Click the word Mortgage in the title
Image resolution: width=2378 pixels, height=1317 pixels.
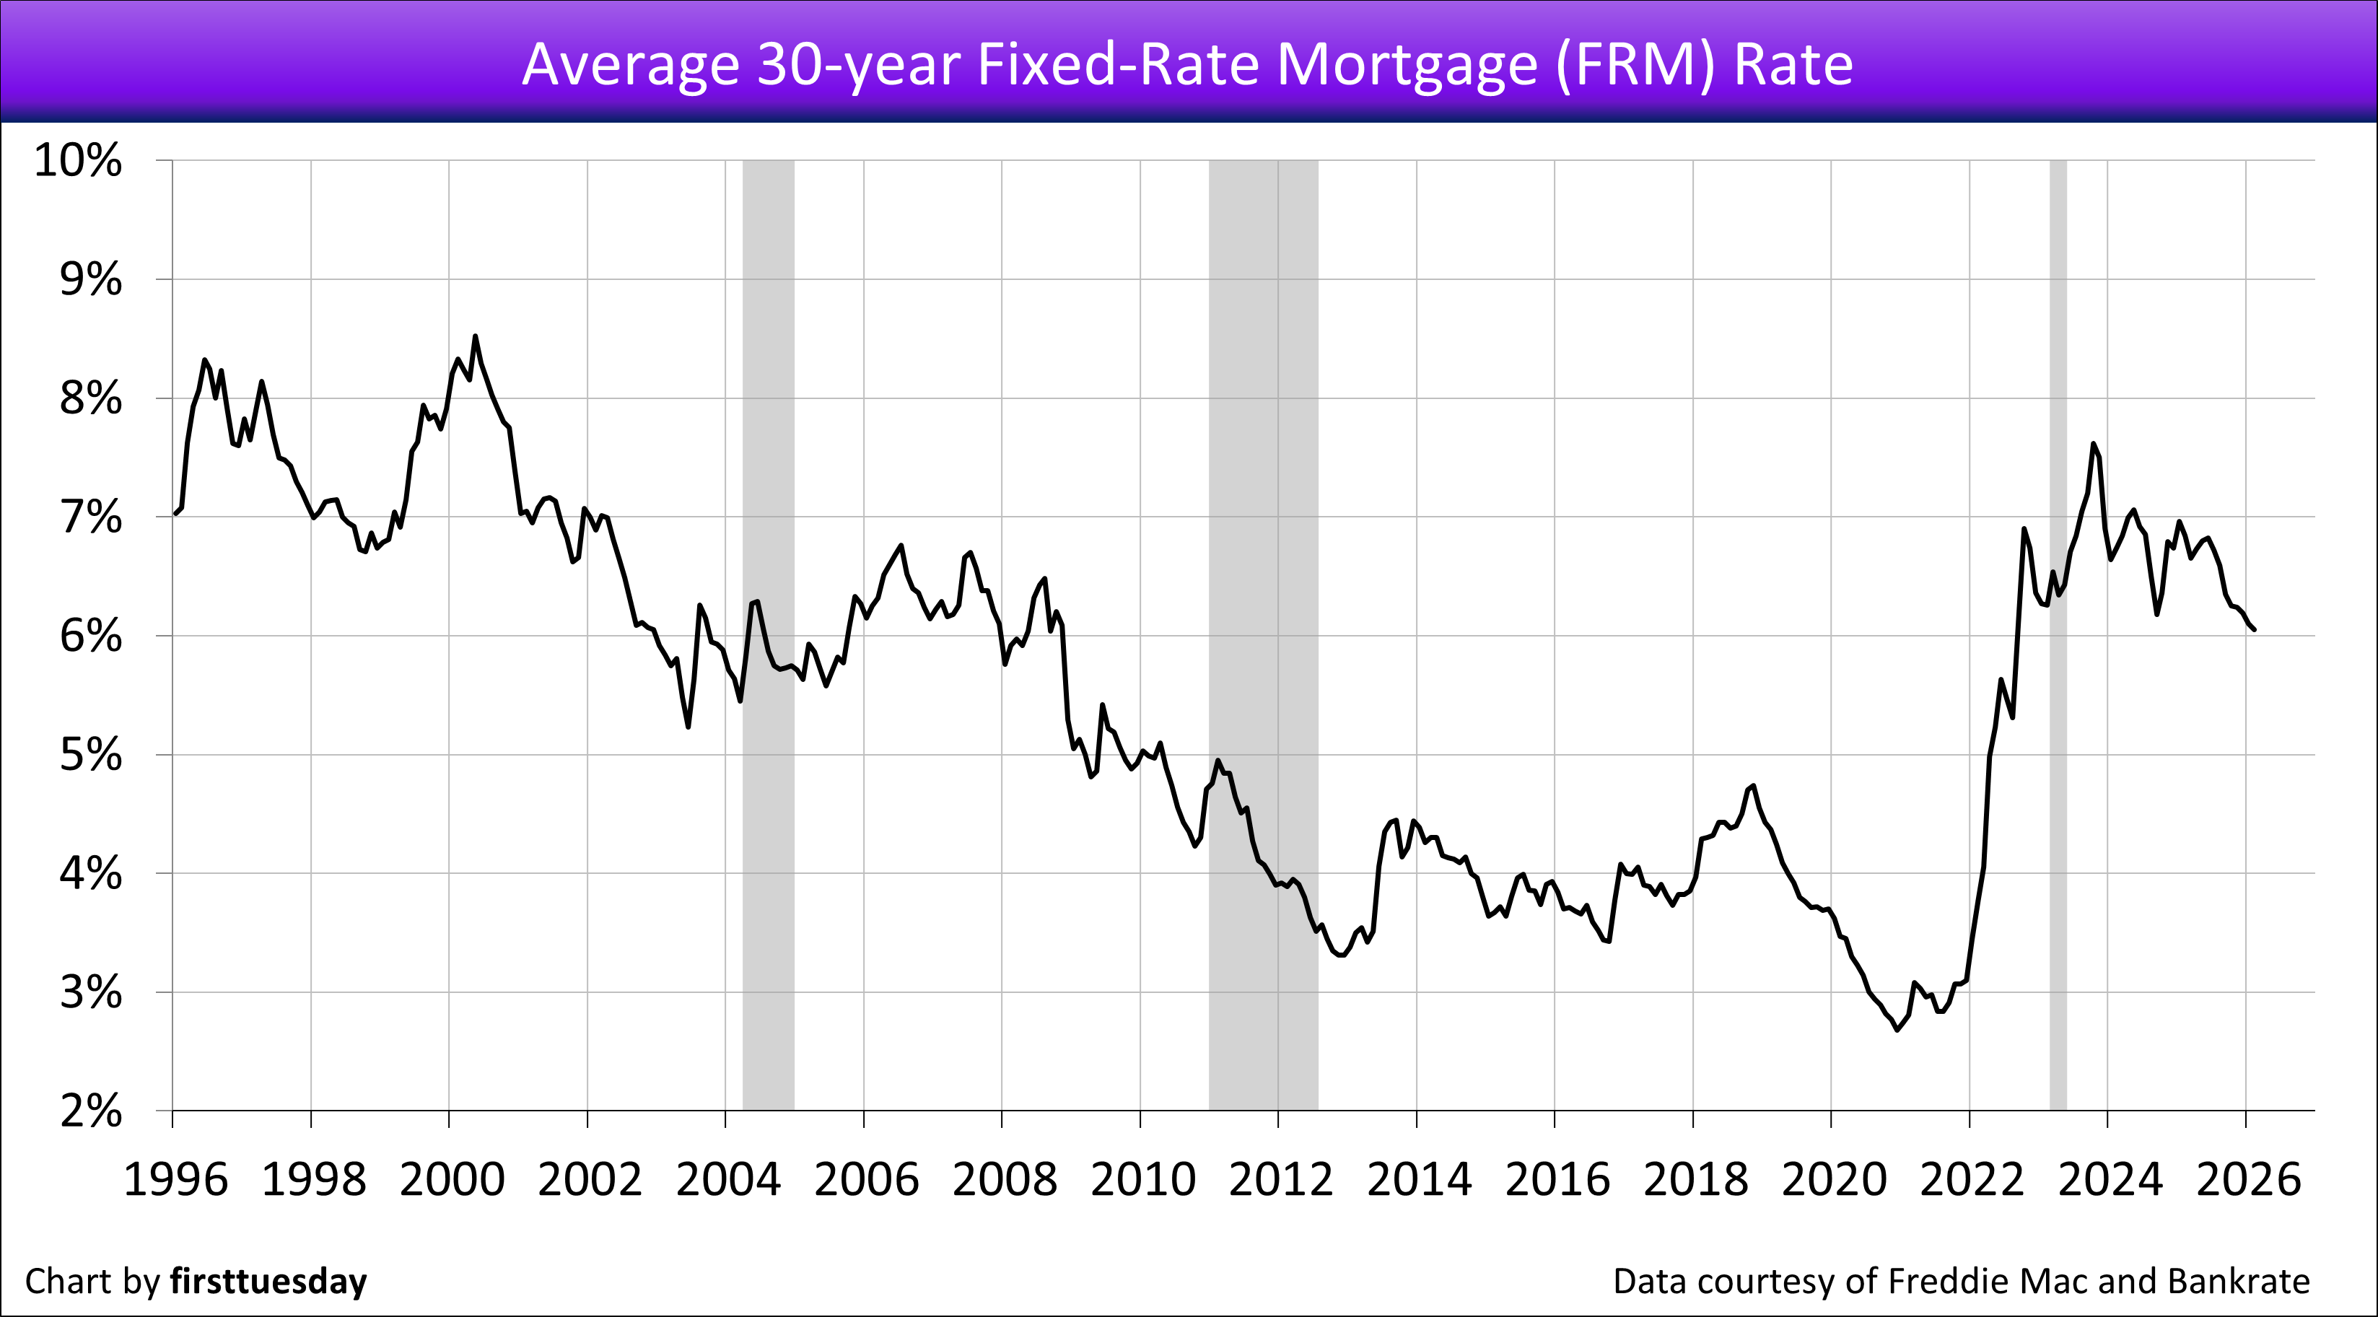pos(1407,65)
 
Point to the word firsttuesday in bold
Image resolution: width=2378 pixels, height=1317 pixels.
pos(268,1281)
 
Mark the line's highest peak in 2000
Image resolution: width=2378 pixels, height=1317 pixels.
pos(476,336)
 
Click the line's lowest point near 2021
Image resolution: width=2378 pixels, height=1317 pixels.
pos(1898,1030)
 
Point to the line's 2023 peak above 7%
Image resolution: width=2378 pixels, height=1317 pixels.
pos(2093,444)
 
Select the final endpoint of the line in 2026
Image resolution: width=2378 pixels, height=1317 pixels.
pos(2255,630)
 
